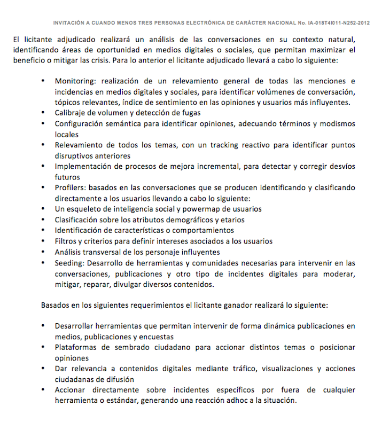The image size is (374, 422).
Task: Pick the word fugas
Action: point(190,113)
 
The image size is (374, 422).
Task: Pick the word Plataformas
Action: point(77,347)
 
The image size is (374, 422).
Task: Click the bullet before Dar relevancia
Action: point(43,369)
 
